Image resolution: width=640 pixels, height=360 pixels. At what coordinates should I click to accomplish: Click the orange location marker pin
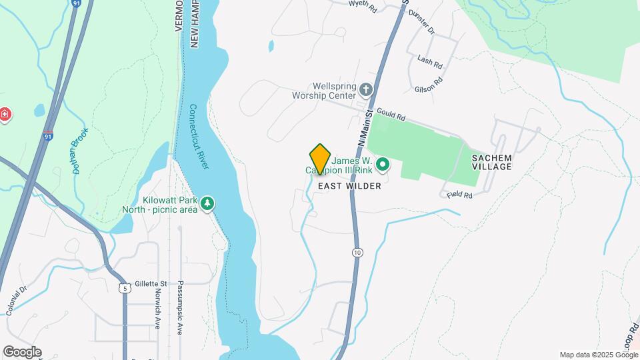click(320, 159)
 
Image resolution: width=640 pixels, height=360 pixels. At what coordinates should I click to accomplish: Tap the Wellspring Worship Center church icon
click(365, 89)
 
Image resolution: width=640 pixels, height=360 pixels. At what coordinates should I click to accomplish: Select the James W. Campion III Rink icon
click(383, 163)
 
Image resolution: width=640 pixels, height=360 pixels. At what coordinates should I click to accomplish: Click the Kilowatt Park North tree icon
click(208, 203)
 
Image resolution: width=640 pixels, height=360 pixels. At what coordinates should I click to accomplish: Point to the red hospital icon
click(5, 115)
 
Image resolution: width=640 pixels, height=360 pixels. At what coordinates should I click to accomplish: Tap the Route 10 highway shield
click(358, 252)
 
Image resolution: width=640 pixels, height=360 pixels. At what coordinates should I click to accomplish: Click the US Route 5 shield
click(124, 288)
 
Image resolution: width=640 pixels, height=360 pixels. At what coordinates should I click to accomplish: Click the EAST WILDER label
click(349, 186)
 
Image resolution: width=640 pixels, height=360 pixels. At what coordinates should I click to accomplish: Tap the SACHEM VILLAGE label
click(491, 162)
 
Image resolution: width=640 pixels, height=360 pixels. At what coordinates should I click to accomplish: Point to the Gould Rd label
click(391, 114)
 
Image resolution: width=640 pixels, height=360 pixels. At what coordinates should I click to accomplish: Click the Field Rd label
click(460, 195)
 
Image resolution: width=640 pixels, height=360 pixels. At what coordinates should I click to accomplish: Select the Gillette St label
click(150, 283)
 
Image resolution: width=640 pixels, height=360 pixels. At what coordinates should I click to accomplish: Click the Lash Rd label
click(430, 62)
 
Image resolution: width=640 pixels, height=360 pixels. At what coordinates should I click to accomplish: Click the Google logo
click(21, 352)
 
